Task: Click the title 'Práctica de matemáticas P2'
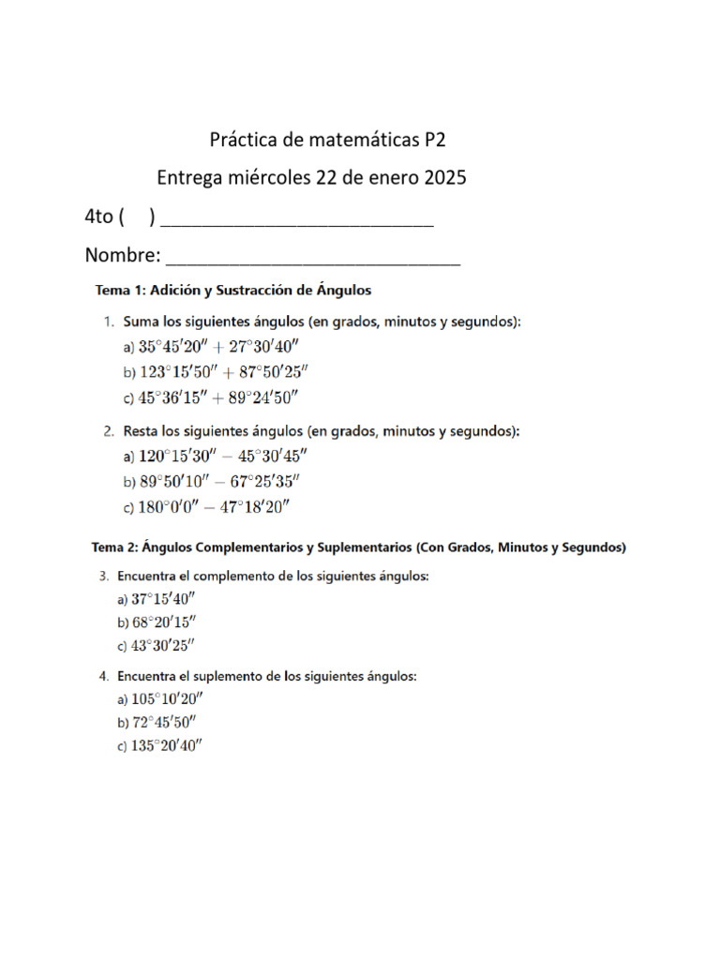[x=327, y=142]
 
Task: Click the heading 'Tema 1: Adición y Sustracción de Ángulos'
[x=232, y=290]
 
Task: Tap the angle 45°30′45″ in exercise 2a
[x=266, y=457]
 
